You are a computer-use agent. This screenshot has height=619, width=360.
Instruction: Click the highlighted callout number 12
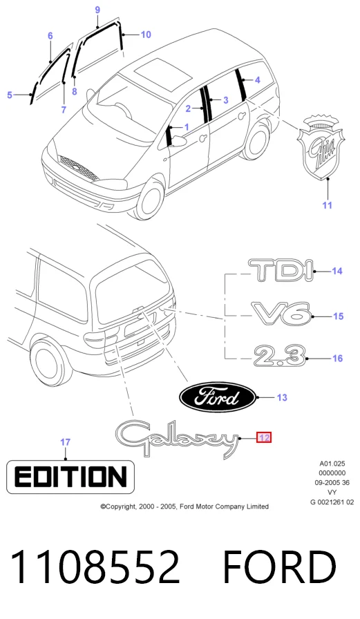point(264,437)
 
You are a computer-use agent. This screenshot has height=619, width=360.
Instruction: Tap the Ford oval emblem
point(218,397)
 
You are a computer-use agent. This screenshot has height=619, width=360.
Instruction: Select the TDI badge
point(281,270)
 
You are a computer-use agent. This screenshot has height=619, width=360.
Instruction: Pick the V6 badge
point(281,314)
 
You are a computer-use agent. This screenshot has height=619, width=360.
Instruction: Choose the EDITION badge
point(70,477)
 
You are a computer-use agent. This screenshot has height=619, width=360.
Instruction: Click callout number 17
point(66,442)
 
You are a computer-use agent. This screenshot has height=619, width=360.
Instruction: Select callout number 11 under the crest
point(328,205)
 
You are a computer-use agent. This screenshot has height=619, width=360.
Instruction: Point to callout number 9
point(97,10)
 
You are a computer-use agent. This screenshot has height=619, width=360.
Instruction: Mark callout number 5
point(10,95)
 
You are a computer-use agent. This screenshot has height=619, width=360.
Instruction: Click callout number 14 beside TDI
point(337,271)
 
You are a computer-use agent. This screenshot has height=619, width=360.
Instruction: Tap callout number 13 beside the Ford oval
point(282,397)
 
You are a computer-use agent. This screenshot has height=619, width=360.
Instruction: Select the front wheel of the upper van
point(151,198)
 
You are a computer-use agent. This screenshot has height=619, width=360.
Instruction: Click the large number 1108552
point(95,567)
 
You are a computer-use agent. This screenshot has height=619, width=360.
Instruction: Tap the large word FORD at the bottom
point(279,567)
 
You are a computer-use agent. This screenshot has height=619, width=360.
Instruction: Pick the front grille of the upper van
point(79,168)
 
